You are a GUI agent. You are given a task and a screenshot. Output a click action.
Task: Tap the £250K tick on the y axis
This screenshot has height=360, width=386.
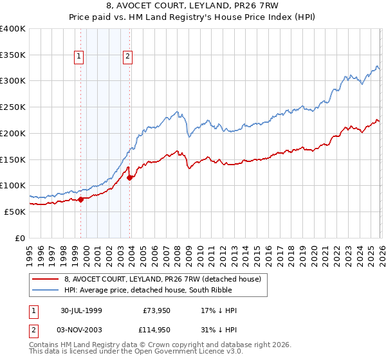click(13, 107)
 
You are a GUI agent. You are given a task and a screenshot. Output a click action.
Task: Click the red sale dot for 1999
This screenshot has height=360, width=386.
click(81, 199)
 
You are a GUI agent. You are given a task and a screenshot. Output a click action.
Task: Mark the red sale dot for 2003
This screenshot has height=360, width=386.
click(129, 177)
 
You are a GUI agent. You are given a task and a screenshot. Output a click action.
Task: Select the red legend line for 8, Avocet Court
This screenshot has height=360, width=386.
click(45, 279)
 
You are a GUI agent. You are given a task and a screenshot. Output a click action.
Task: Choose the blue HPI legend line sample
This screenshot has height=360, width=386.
click(45, 290)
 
